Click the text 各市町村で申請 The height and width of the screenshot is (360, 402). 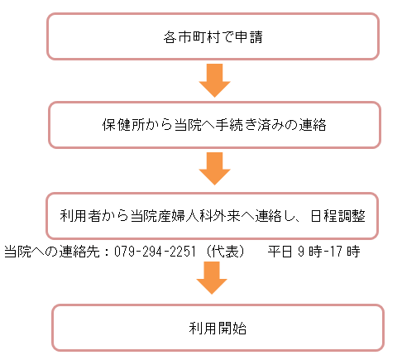(x=213, y=37)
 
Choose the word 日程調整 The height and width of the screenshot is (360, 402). (x=337, y=216)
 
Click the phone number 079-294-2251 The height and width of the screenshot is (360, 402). (x=155, y=252)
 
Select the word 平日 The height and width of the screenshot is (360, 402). (x=280, y=252)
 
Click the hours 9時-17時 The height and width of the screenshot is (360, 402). (x=329, y=252)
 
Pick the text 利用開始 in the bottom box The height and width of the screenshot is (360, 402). (x=218, y=329)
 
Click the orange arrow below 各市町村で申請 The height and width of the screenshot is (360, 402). (x=214, y=80)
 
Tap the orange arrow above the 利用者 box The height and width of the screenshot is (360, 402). (x=214, y=169)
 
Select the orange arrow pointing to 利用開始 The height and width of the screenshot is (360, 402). (x=212, y=278)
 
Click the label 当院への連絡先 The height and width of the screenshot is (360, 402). (x=52, y=252)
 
